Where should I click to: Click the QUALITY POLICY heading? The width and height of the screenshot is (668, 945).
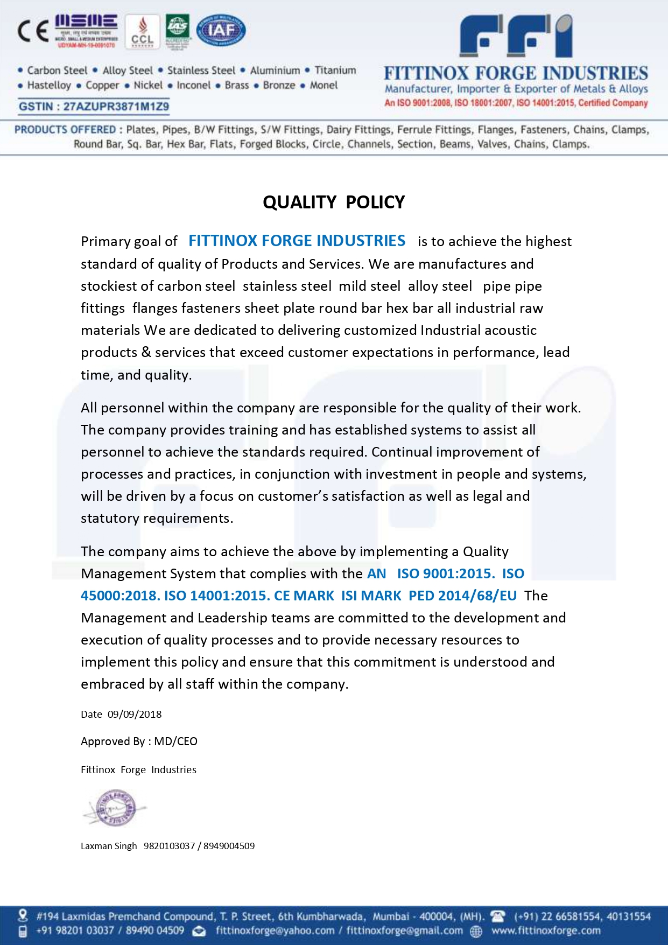[x=334, y=202]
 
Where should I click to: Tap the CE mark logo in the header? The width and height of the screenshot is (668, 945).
[x=33, y=31]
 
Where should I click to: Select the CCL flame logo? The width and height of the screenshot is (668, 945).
[x=143, y=32]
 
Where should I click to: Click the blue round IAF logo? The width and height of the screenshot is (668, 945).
[x=221, y=30]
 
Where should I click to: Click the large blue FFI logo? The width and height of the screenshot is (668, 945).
[x=515, y=36]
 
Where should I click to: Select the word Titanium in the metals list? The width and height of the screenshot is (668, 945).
[x=335, y=71]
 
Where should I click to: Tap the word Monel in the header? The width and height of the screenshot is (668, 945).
[x=324, y=86]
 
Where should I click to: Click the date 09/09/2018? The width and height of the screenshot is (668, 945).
[x=135, y=715]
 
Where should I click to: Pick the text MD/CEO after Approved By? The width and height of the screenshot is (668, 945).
[x=176, y=741]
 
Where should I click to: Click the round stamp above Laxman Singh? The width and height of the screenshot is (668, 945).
[x=114, y=808]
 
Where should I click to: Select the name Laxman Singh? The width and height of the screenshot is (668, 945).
[x=109, y=846]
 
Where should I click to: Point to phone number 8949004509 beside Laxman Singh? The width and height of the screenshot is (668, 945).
[x=229, y=846]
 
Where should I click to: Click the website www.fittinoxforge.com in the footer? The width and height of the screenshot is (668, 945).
[x=546, y=930]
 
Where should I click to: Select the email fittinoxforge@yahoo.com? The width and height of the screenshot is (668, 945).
[x=275, y=930]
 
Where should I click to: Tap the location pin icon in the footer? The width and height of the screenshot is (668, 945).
[x=23, y=915]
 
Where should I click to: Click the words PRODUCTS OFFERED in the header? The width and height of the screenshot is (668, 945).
[x=65, y=130]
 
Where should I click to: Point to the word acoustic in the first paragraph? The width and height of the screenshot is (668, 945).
[x=510, y=330]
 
